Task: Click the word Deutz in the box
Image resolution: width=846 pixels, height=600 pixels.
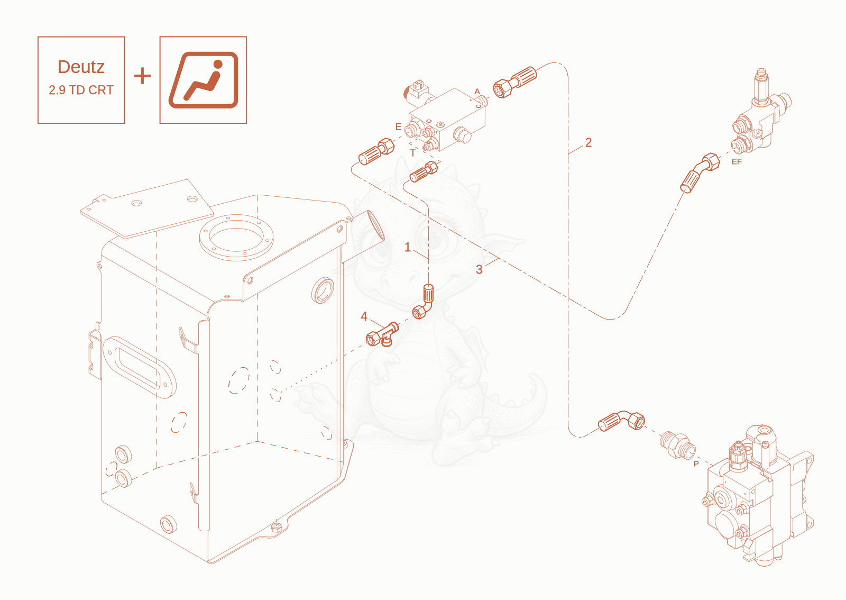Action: (x=81, y=67)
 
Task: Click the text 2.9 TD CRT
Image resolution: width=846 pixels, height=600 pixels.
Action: (x=81, y=90)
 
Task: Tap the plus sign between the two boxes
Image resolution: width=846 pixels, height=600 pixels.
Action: (x=142, y=76)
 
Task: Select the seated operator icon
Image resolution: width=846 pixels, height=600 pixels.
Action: (x=203, y=80)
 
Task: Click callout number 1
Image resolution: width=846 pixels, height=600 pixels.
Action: (x=408, y=247)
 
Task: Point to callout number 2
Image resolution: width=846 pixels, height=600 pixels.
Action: (x=588, y=142)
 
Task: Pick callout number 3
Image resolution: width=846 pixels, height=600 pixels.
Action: (x=479, y=269)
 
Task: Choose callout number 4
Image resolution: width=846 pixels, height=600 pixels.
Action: (x=364, y=316)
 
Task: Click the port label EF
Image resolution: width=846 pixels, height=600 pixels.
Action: (x=737, y=162)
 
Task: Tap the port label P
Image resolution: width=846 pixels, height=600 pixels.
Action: (x=696, y=463)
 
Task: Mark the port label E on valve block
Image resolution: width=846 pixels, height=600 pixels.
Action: (x=399, y=126)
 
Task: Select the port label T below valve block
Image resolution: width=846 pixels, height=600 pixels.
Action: (x=412, y=153)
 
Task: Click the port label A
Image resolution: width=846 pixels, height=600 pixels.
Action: (x=477, y=92)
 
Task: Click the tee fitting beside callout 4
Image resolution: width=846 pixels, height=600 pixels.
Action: (x=382, y=334)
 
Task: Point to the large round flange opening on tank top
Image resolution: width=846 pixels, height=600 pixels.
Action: (x=236, y=238)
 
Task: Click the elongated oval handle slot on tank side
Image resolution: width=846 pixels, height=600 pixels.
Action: (x=139, y=367)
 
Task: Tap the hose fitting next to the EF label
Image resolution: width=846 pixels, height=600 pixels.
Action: (x=700, y=172)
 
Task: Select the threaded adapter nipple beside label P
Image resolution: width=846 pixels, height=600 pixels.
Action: (x=677, y=444)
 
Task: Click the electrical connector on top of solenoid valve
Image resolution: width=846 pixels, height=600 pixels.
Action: (x=418, y=85)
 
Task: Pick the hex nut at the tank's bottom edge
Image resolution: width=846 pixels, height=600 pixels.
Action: (x=276, y=527)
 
